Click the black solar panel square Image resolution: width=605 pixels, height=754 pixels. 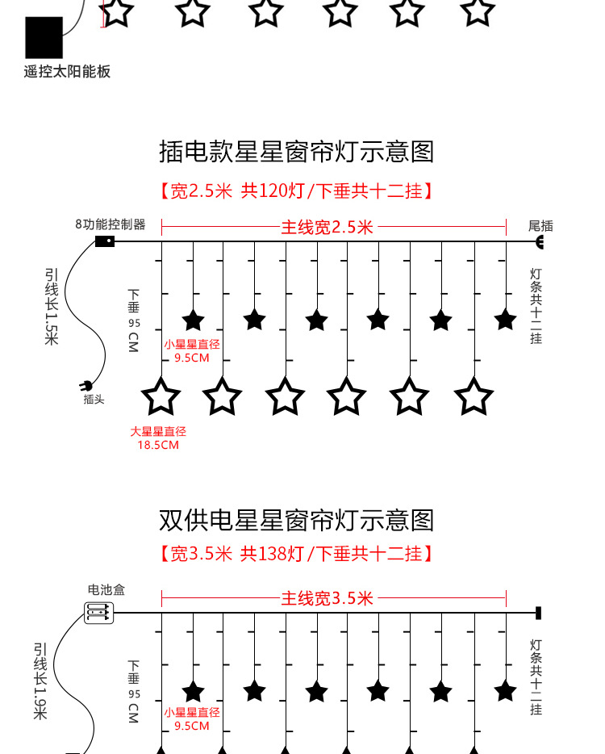coord(44,36)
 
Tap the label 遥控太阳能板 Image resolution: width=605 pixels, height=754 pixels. coord(67,72)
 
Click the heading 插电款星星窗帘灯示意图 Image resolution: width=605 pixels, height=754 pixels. coord(297,152)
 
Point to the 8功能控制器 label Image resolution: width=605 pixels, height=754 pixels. coord(111,224)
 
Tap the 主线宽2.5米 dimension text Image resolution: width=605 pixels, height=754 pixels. coord(328,228)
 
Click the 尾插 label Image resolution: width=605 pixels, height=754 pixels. coord(540,226)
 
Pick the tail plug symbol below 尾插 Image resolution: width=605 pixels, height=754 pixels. coord(540,242)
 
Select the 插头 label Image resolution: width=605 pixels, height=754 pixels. coord(94,400)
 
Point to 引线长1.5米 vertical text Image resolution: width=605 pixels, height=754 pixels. coord(52,307)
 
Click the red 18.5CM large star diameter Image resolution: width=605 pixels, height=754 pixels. coord(158,445)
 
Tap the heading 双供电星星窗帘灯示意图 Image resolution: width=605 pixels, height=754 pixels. coord(297,520)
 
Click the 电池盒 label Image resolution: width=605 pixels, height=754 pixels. coord(106,591)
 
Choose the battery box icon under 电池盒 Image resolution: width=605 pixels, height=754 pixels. coord(99,614)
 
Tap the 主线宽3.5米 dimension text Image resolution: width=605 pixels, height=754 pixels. coord(328,598)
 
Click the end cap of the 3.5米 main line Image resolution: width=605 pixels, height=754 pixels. coord(538,614)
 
